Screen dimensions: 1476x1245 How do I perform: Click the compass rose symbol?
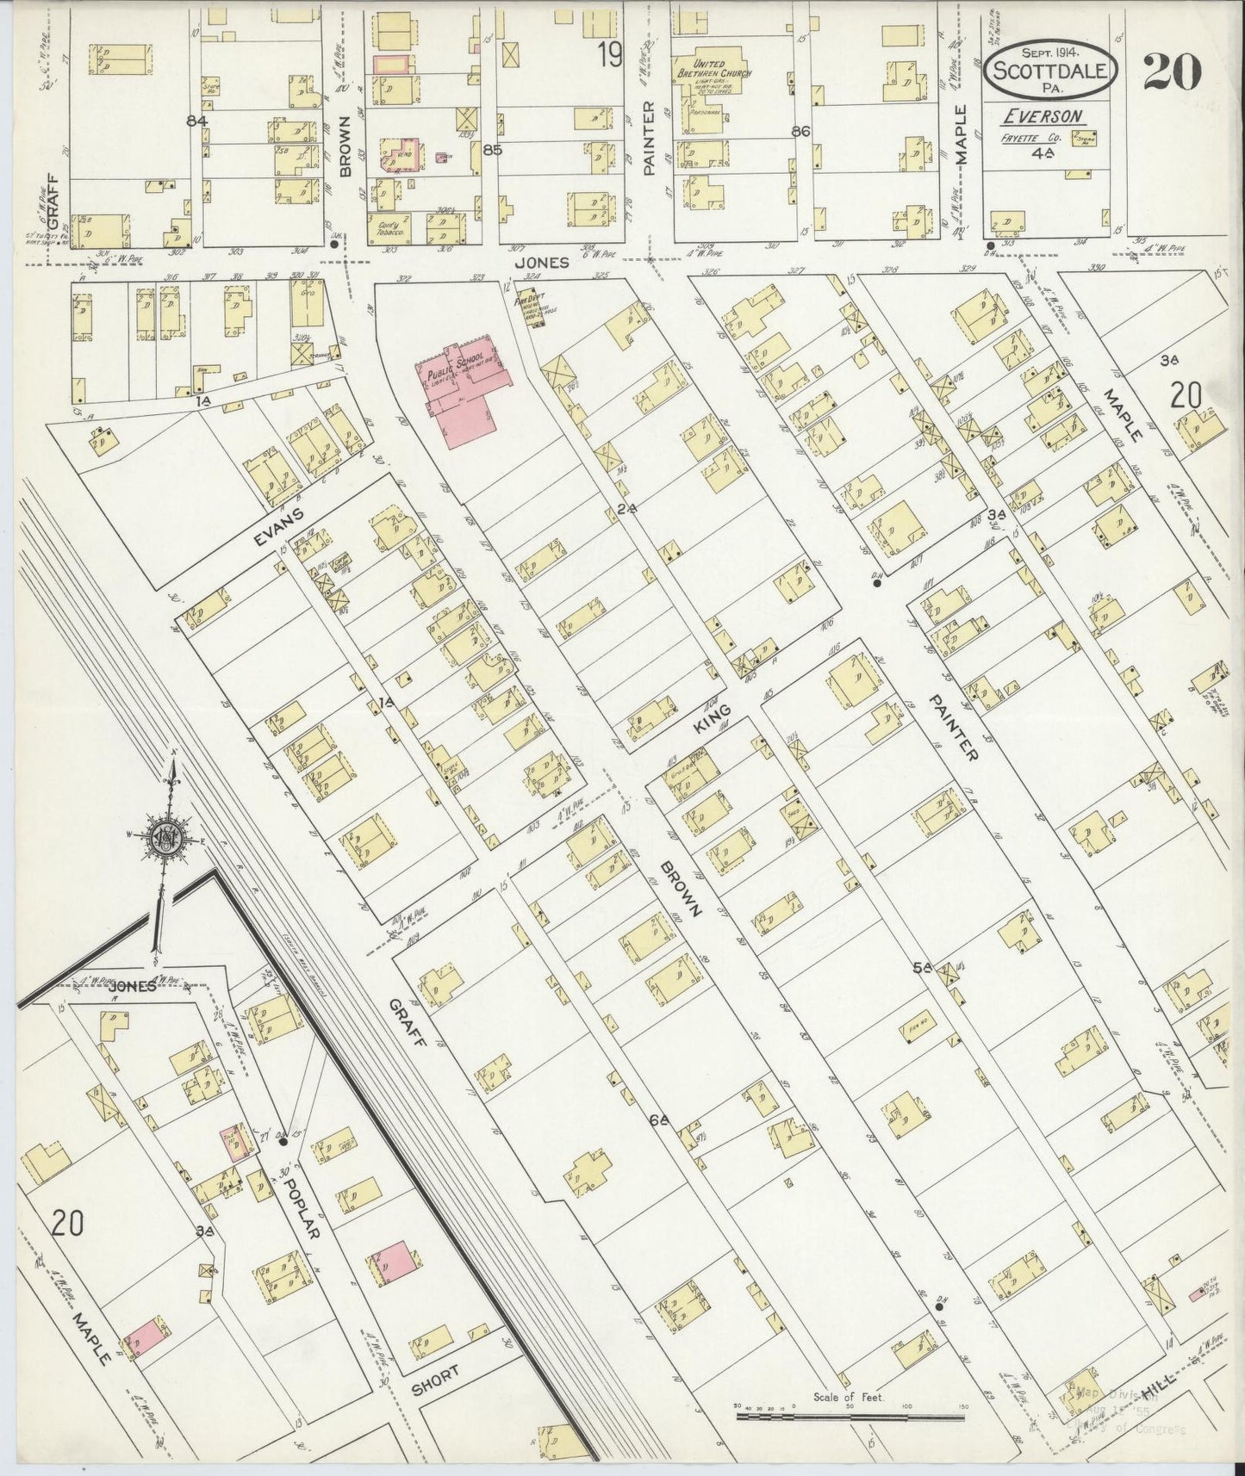[x=164, y=838]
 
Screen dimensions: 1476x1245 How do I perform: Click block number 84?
[x=197, y=121]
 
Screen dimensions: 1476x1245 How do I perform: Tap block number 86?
[x=800, y=132]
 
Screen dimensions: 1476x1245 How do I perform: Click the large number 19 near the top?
[x=610, y=55]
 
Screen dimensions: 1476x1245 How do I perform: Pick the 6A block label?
[x=660, y=1120]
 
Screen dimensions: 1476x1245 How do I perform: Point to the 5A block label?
[x=923, y=967]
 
